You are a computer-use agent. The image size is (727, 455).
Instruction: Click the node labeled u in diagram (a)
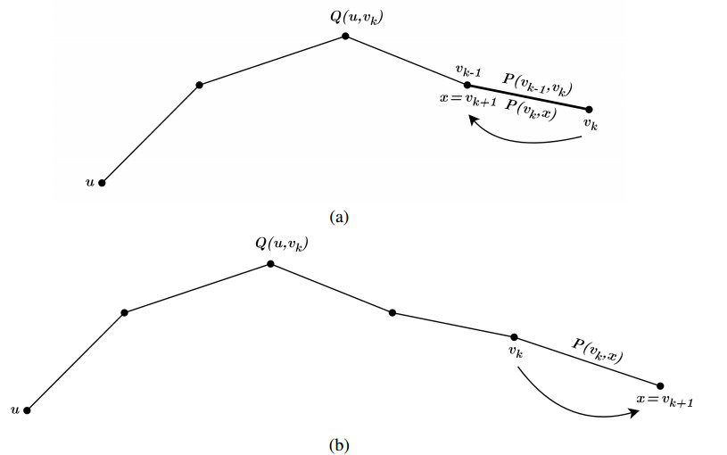coord(102,183)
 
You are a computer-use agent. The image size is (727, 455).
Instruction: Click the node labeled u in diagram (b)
coord(28,410)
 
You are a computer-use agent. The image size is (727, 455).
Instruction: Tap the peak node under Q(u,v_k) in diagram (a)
coord(345,37)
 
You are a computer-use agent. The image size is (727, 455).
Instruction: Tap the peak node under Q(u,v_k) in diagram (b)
coord(270,264)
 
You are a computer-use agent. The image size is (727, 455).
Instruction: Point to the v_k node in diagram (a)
coord(588,110)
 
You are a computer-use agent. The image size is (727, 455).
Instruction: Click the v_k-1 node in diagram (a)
coord(467,85)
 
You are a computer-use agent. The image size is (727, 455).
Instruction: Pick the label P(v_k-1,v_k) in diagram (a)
coord(537,84)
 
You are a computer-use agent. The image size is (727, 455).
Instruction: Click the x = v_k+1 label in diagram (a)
coord(468,99)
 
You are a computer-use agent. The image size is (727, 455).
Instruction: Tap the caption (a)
coord(338,216)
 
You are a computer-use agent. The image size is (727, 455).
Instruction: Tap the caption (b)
coord(338,443)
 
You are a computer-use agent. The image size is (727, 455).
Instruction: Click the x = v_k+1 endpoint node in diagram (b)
coord(660,385)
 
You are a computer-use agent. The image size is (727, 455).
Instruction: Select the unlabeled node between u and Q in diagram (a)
coord(199,85)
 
